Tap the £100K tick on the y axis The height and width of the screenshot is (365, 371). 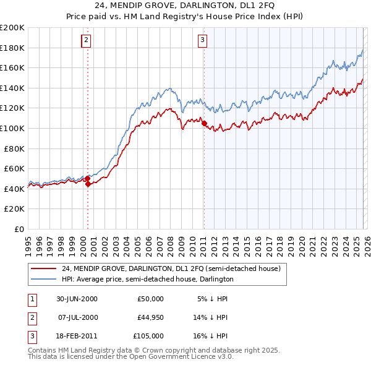click(x=12, y=128)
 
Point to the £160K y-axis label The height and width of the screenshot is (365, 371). click(x=12, y=67)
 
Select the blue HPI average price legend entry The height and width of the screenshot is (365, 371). click(x=147, y=279)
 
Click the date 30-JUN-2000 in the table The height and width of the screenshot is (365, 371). click(x=77, y=299)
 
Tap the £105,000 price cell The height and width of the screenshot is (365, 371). click(x=148, y=336)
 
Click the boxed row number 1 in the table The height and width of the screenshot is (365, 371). click(x=32, y=299)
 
